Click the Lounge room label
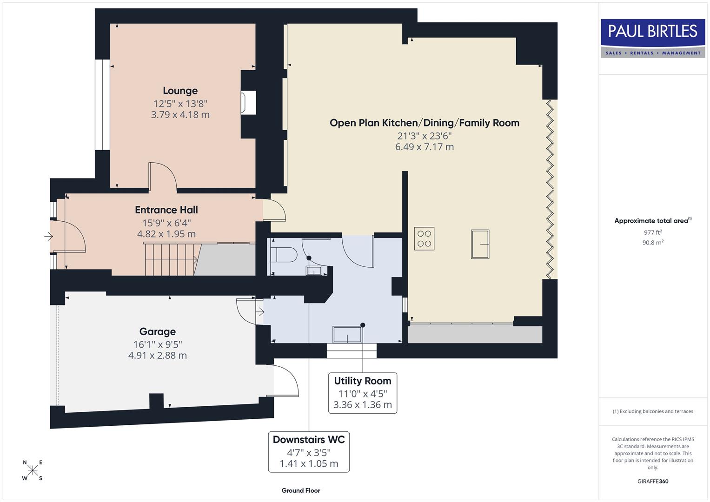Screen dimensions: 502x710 (180, 91)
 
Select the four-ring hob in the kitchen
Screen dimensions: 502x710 (424, 238)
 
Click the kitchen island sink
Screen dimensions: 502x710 (480, 244)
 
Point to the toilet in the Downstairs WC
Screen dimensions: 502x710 (284, 255)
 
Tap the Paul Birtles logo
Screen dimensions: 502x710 (652, 38)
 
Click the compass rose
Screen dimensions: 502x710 (33, 470)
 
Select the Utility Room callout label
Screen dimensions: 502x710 (363, 381)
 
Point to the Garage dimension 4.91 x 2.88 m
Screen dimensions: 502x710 (158, 356)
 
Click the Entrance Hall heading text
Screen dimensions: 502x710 (166, 210)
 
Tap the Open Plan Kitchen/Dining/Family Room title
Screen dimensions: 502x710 (424, 123)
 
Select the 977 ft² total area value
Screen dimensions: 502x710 (652, 232)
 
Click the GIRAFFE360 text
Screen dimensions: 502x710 (652, 482)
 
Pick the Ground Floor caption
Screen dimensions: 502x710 (301, 490)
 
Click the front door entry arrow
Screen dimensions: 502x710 (48, 237)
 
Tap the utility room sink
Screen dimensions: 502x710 (347, 335)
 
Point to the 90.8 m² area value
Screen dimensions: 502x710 (652, 243)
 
